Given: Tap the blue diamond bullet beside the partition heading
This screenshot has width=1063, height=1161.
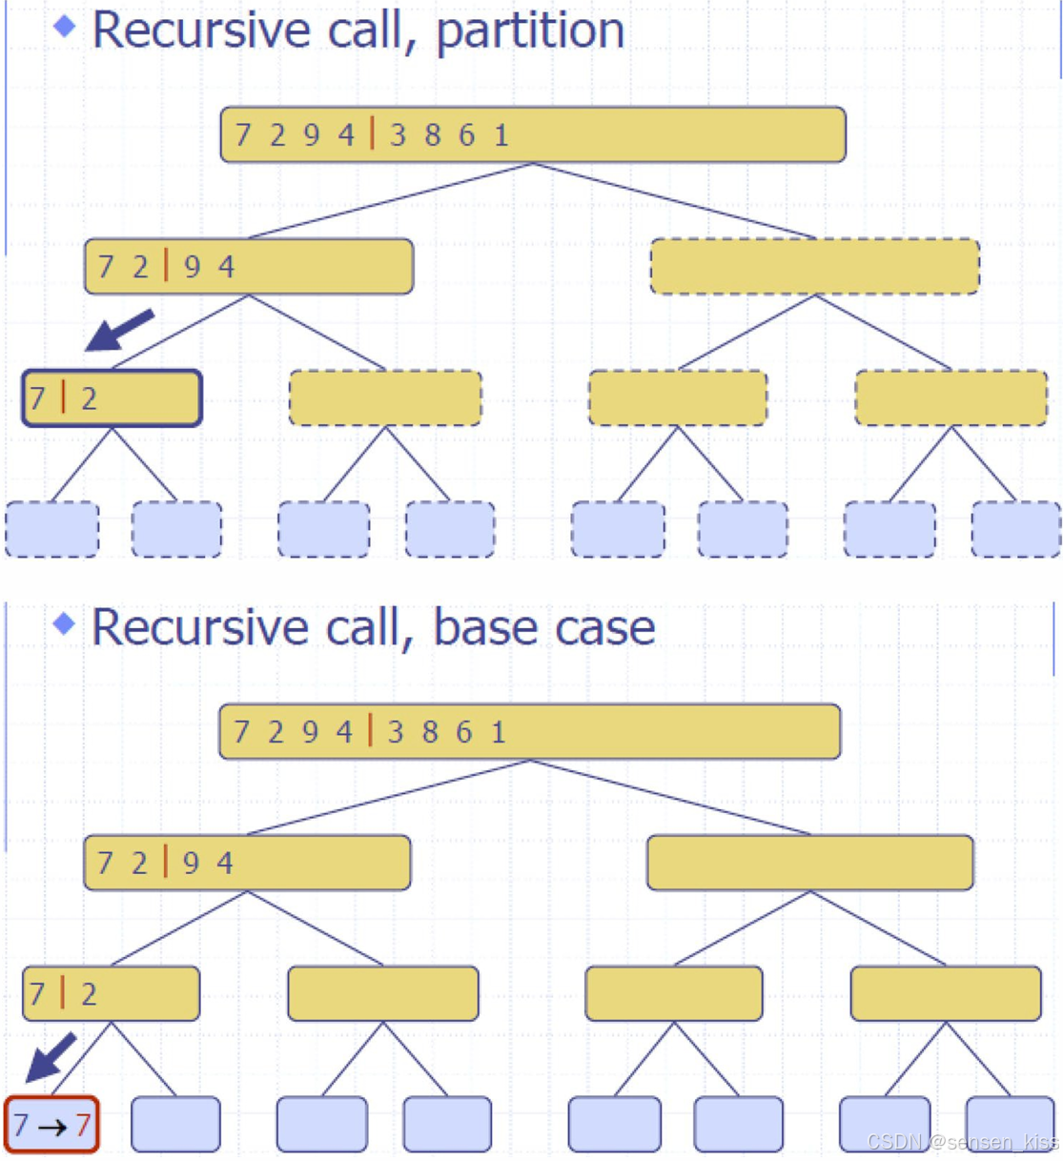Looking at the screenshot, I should (x=65, y=27).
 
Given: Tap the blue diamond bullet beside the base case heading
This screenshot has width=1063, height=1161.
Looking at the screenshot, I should (x=65, y=624).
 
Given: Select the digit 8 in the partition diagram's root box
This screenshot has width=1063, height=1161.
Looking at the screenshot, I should (x=433, y=135).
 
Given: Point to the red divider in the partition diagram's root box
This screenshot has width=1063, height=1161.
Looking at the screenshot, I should (x=372, y=133).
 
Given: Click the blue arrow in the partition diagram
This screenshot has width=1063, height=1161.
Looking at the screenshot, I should (x=118, y=330).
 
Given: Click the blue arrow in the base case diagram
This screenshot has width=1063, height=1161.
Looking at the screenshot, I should (x=51, y=1056).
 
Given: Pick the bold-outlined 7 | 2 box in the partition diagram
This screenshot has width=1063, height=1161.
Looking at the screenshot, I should (x=112, y=398).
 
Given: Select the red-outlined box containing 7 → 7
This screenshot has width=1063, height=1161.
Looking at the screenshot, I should (x=51, y=1125).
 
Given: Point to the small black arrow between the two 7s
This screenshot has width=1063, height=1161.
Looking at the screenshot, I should (x=52, y=1127).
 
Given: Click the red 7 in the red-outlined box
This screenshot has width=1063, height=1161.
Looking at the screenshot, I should (x=83, y=1126).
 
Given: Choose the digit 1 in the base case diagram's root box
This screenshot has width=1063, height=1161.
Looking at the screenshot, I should (x=499, y=732).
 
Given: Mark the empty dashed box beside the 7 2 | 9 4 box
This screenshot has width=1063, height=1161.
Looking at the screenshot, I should (x=814, y=267).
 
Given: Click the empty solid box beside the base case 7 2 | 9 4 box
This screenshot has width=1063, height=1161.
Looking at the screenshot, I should (x=809, y=863).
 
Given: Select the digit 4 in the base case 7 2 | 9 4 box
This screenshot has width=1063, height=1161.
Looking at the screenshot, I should (x=224, y=864).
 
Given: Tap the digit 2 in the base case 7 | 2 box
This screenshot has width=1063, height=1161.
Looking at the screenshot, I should (x=89, y=994).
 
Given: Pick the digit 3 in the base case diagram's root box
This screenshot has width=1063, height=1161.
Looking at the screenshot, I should (x=396, y=732).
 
